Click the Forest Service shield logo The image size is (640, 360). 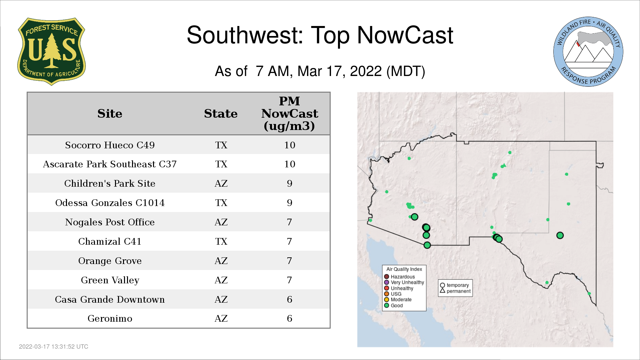tap(51, 51)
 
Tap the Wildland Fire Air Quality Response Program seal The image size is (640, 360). tap(588, 52)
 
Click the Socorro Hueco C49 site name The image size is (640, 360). tap(110, 145)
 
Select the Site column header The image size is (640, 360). tap(110, 114)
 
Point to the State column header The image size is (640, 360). tap(221, 114)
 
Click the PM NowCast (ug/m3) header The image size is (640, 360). tap(289, 113)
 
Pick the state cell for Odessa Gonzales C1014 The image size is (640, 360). tap(221, 203)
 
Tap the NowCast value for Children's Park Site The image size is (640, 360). tap(289, 183)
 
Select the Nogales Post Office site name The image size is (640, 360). tap(110, 222)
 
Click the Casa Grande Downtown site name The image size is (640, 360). tap(110, 299)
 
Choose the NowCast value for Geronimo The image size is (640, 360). tap(289, 318)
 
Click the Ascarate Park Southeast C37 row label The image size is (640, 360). tap(110, 164)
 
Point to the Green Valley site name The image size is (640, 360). tap(110, 280)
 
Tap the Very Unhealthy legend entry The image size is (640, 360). tap(404, 282)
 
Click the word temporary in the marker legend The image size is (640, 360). tap(458, 285)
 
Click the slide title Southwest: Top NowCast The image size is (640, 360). tap(320, 35)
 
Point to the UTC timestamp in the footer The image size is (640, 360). tap(54, 347)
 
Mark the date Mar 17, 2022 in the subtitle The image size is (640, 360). tap(339, 71)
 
